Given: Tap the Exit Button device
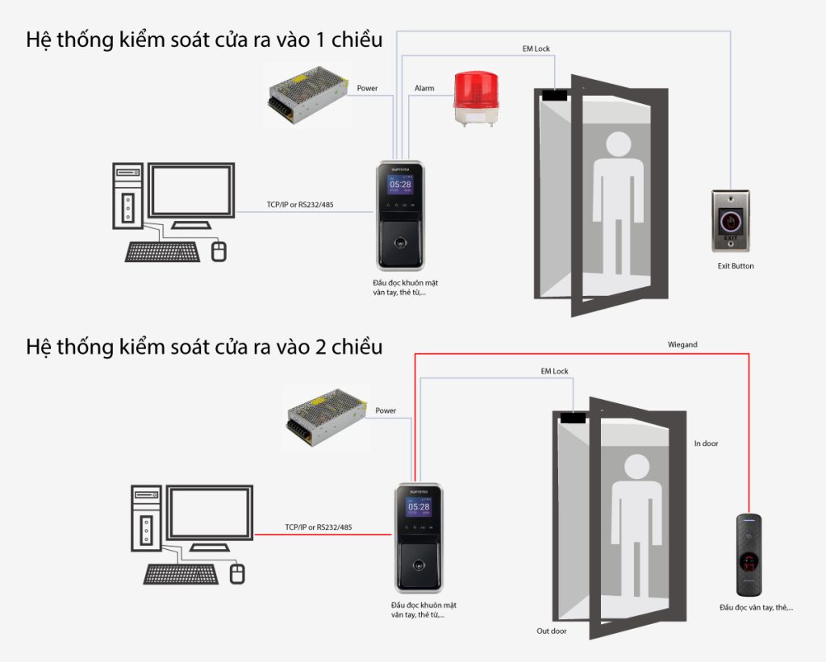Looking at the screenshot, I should (729, 219).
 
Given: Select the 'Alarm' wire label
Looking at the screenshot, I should (424, 88).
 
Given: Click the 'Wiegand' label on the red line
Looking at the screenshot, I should (682, 344).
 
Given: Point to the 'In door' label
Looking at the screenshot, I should (706, 443).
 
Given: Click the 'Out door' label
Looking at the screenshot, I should (552, 631).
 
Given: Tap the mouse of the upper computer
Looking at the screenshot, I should (219, 251).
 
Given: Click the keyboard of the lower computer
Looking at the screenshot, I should (181, 573).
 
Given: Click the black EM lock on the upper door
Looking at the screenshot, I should (554, 94).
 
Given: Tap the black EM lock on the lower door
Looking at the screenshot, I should (573, 418).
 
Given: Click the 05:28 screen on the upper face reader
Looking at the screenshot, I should (401, 185).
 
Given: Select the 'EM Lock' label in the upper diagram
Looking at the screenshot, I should (536, 49).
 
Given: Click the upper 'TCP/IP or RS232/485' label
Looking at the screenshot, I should (300, 205).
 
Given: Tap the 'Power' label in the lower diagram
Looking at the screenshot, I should (386, 410).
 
